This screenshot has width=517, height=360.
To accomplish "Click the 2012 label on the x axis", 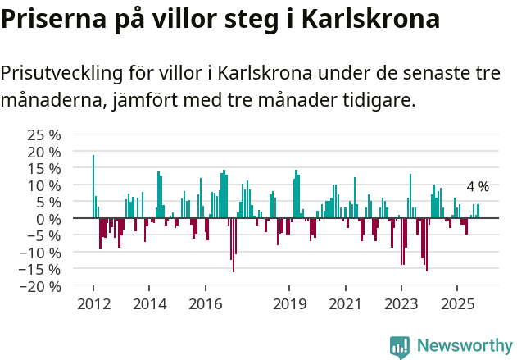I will pyautogui.click(x=93, y=304).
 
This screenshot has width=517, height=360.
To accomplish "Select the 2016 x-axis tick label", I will pyautogui.click(x=206, y=304).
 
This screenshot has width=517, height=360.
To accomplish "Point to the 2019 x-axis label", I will pyautogui.click(x=289, y=304).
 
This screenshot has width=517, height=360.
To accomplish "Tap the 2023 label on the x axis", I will pyautogui.click(x=401, y=304).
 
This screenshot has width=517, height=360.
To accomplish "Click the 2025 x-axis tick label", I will pyautogui.click(x=457, y=304).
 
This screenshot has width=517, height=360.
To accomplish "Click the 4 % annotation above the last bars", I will pyautogui.click(x=478, y=187).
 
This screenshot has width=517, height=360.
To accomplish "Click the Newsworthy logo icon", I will pyautogui.click(x=400, y=346).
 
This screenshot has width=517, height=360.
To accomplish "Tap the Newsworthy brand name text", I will pyautogui.click(x=464, y=346).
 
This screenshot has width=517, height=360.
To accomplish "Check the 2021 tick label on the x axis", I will pyautogui.click(x=345, y=304).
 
